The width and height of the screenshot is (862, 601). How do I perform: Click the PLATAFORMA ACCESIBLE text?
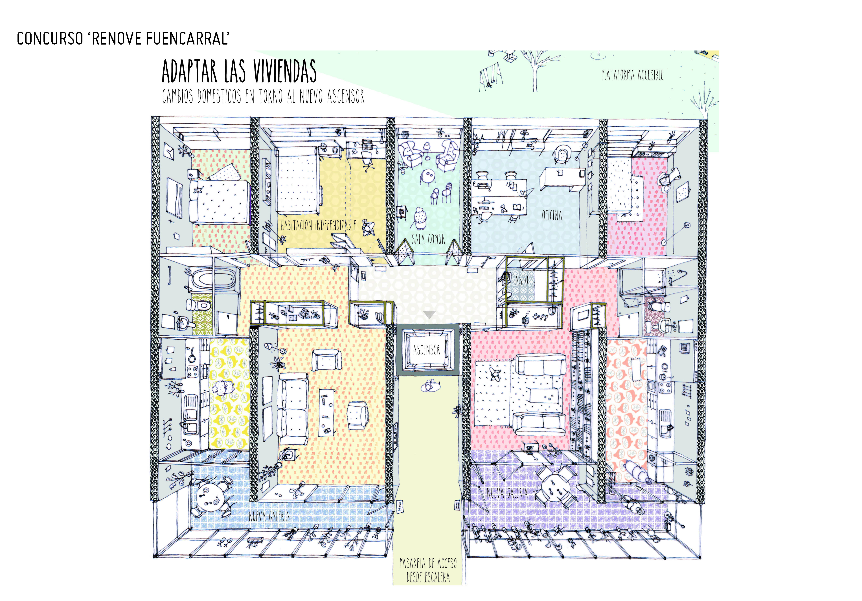click(x=632, y=75)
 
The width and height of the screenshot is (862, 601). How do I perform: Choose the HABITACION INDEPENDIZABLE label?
click(x=318, y=225)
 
